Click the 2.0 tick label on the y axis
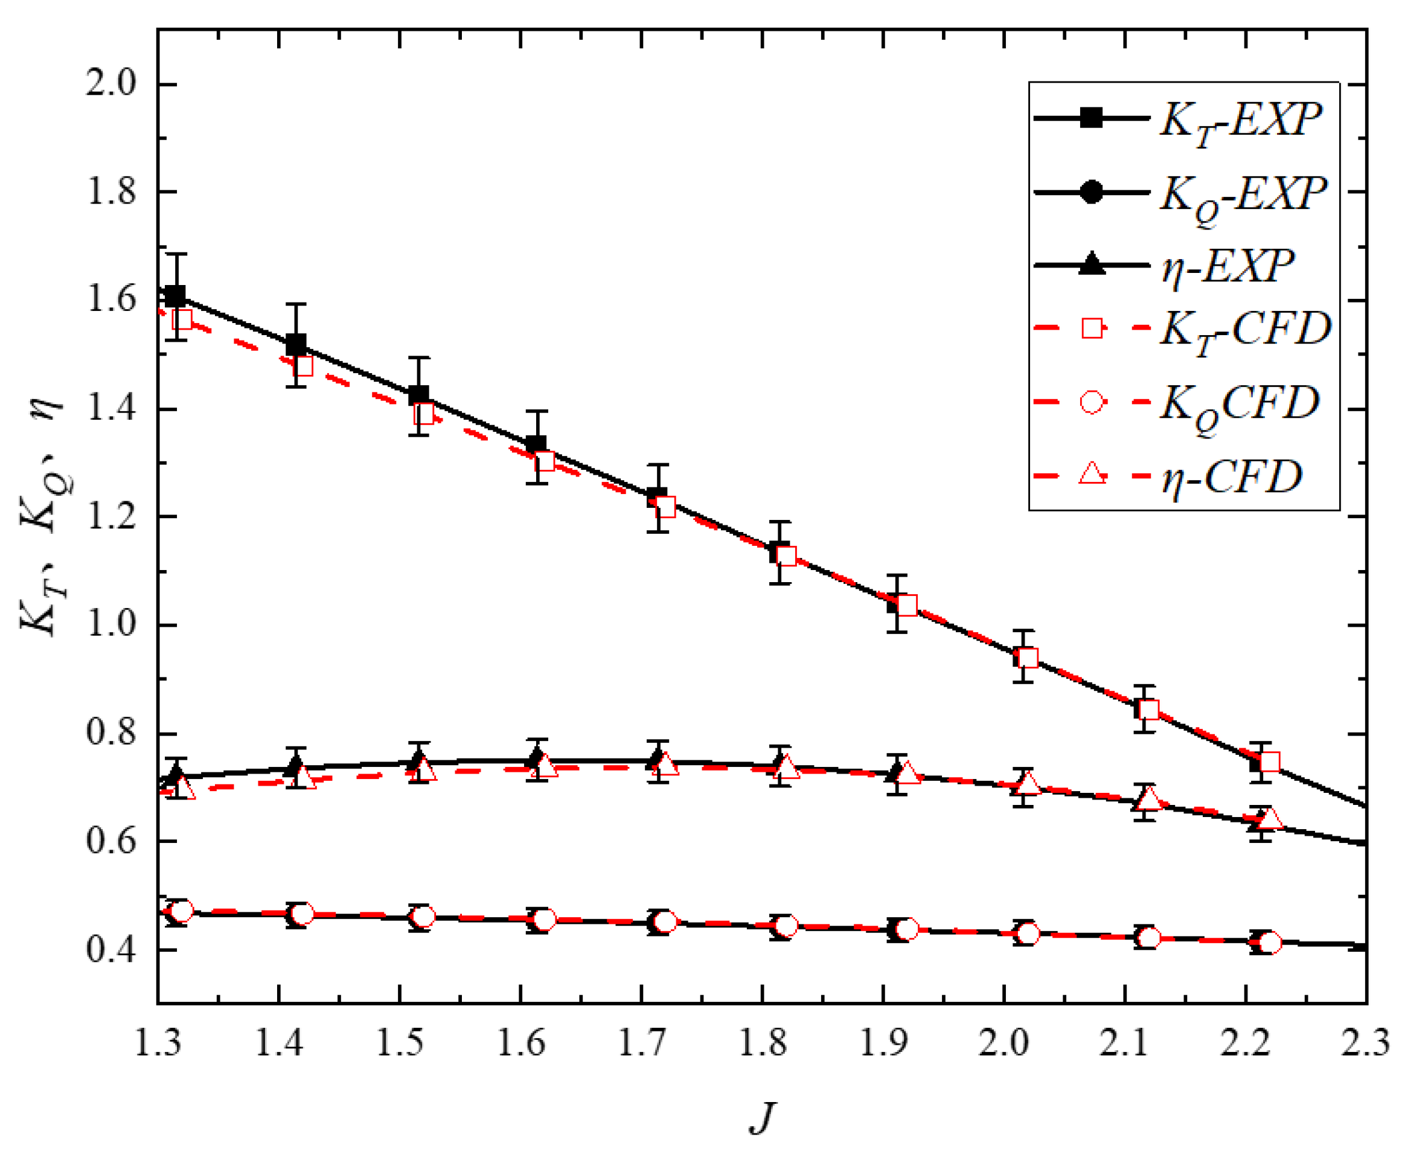click(x=110, y=85)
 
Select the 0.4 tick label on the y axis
click(x=110, y=949)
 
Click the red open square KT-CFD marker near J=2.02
click(x=1027, y=658)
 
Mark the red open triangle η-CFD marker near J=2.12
click(x=1148, y=798)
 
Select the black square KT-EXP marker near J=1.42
click(x=296, y=345)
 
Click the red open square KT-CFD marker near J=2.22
click(x=1269, y=762)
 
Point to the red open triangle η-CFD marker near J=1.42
click(x=303, y=777)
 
